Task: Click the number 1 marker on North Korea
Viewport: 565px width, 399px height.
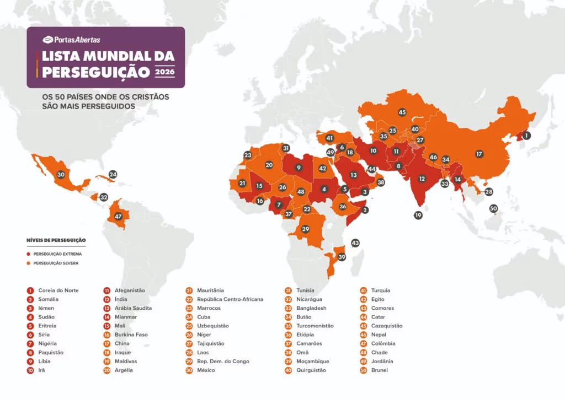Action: (x=526, y=135)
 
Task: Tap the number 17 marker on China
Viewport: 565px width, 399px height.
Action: (x=479, y=154)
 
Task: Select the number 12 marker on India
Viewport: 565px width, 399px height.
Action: (x=422, y=179)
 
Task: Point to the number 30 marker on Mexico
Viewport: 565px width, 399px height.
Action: (x=61, y=174)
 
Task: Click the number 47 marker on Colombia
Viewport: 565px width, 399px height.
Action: (x=118, y=217)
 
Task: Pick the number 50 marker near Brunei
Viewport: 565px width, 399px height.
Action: (x=493, y=208)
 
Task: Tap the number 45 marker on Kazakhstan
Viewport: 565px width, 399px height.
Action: (x=402, y=112)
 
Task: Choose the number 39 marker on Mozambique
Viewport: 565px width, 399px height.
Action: (x=342, y=257)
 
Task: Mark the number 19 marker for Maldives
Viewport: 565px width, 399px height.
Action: (x=418, y=215)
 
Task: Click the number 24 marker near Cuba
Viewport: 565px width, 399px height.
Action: (x=113, y=174)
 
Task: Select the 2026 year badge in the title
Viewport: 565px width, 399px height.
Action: (x=164, y=72)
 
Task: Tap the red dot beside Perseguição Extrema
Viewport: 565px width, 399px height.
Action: (x=29, y=254)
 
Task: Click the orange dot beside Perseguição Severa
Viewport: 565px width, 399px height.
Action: (x=29, y=263)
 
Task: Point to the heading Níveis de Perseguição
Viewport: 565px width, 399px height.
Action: (x=56, y=240)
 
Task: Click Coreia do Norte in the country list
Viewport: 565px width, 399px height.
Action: (x=58, y=290)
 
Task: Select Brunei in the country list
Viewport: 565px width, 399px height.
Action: (x=379, y=370)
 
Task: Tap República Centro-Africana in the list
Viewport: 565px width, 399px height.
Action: (x=230, y=299)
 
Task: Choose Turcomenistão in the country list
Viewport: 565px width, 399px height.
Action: (x=315, y=326)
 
